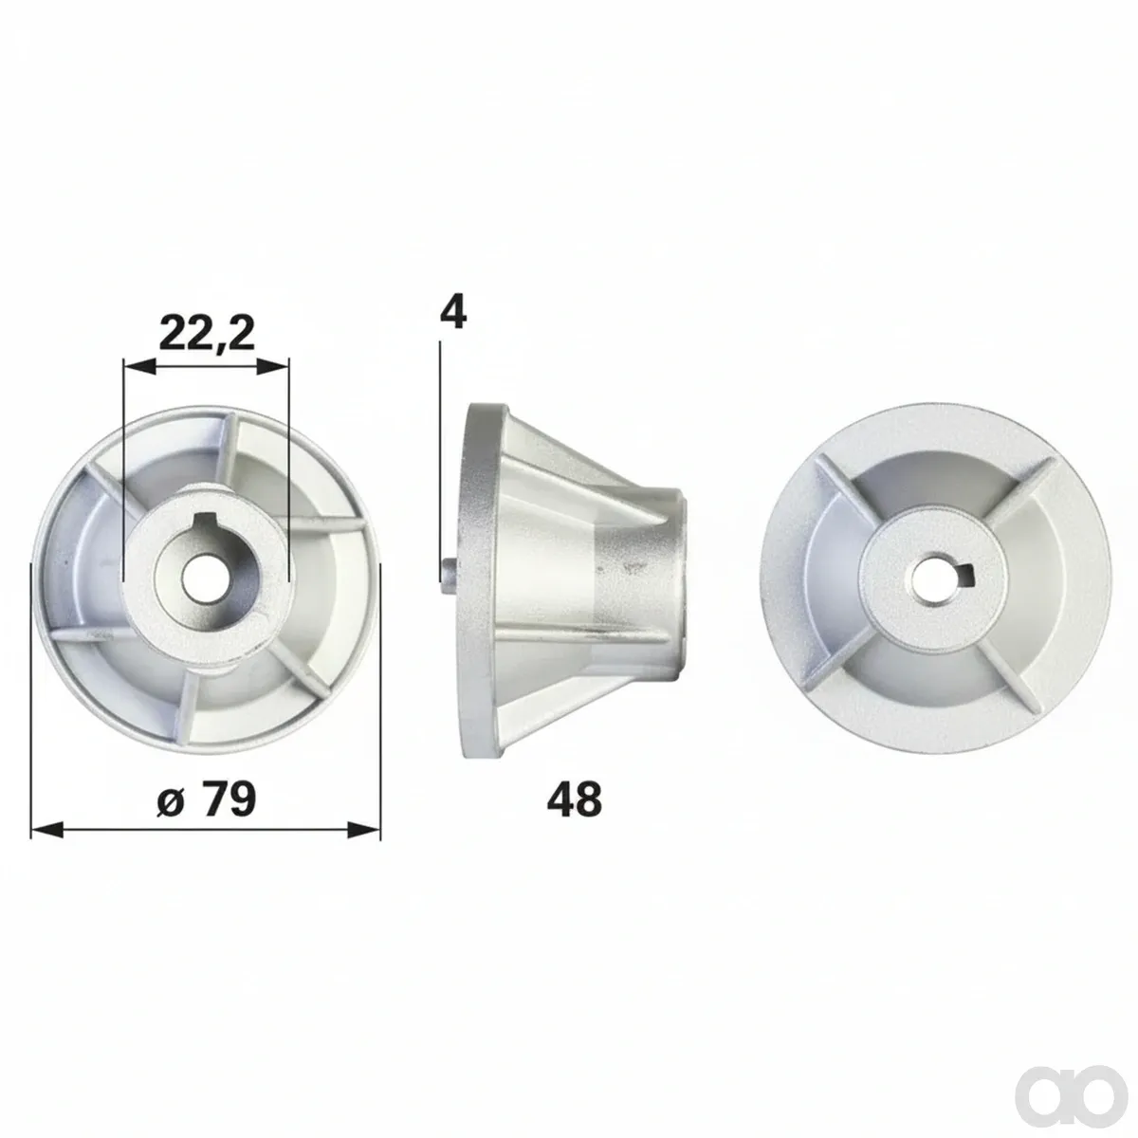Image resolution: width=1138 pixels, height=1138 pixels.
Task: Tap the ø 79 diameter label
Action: tap(207, 799)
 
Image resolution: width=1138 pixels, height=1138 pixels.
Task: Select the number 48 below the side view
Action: tap(574, 799)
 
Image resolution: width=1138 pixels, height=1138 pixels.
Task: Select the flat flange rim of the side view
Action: tap(478, 580)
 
